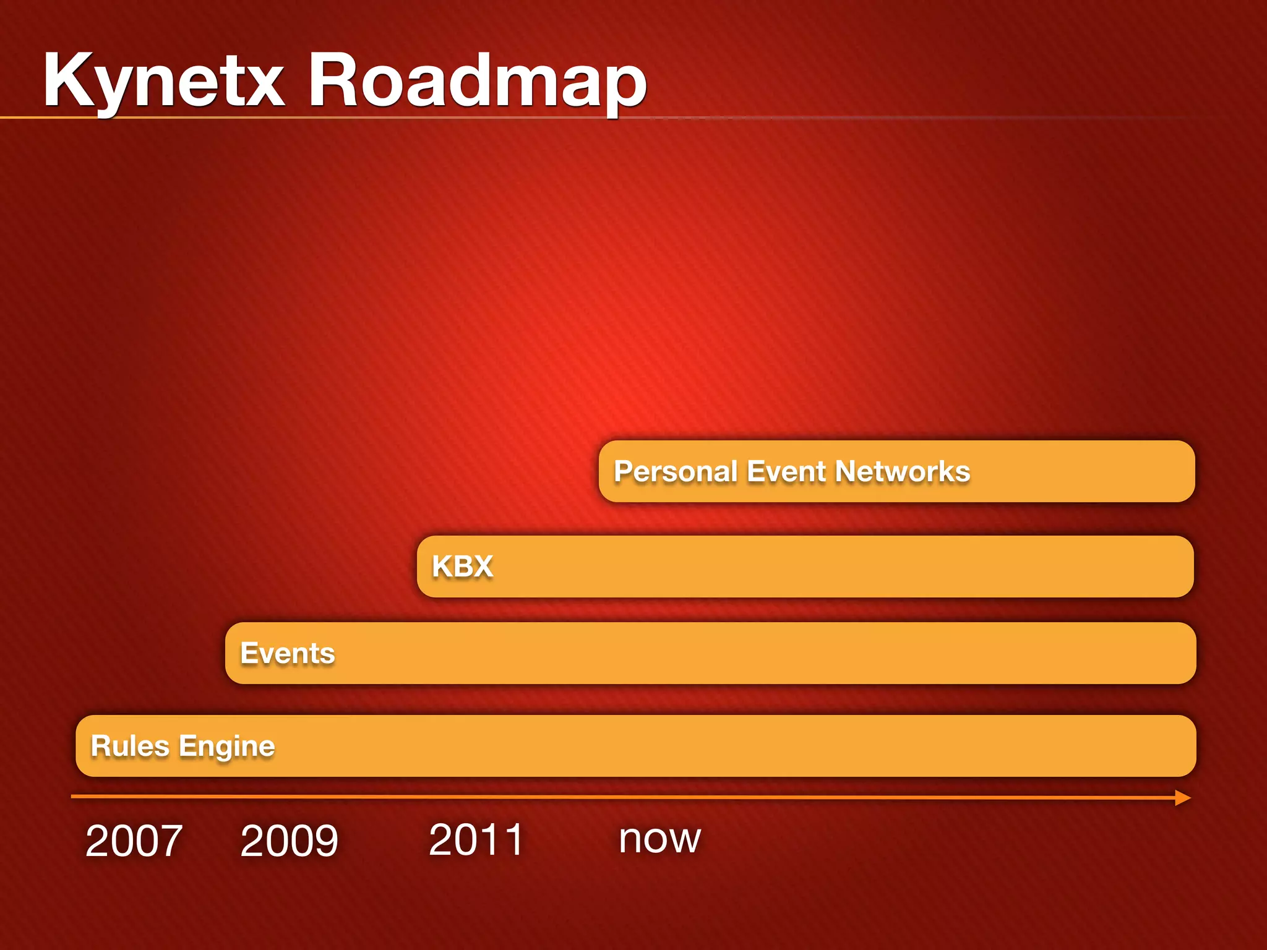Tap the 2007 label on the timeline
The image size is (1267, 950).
134,841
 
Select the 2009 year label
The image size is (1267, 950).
289,841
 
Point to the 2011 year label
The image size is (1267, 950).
476,840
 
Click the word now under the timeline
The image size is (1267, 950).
659,840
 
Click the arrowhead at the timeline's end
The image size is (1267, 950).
1182,798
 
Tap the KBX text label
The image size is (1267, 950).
462,567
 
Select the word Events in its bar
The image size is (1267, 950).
287,654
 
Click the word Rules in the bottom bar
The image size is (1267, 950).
130,746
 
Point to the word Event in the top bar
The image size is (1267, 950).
786,472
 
